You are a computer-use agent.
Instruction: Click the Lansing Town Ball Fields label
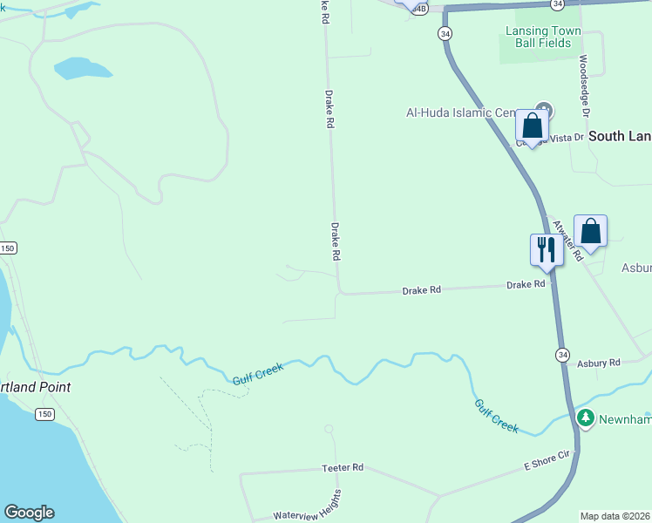coord(543,37)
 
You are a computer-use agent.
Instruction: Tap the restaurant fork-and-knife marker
coord(546,250)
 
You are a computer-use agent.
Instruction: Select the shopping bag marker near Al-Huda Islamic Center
coord(532,126)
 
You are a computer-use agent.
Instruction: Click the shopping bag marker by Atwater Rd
coord(590,232)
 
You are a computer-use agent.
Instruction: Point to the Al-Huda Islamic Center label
coord(462,112)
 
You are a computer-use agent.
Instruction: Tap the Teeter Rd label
coord(342,468)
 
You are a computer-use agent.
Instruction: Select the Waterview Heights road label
coord(308,506)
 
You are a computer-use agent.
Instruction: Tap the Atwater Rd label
coord(567,238)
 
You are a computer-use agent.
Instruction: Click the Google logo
coord(29,513)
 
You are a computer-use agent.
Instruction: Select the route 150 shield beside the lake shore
coord(44,414)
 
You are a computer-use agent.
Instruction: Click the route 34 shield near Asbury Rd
coord(564,354)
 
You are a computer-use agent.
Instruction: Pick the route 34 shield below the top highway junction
coord(445,34)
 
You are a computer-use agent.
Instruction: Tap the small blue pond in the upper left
coord(83,68)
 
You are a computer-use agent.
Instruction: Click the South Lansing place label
coord(620,136)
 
